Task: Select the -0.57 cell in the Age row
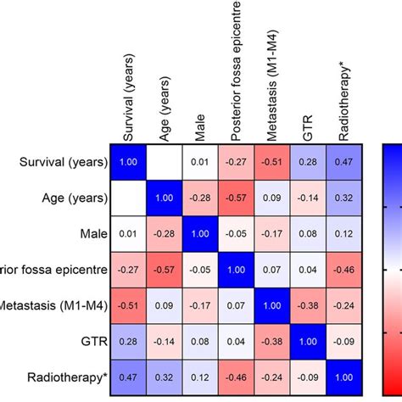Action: [x=237, y=198]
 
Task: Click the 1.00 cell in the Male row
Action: [x=201, y=234]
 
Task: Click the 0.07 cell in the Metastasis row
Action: [x=237, y=305]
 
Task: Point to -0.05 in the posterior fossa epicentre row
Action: [x=201, y=270]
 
